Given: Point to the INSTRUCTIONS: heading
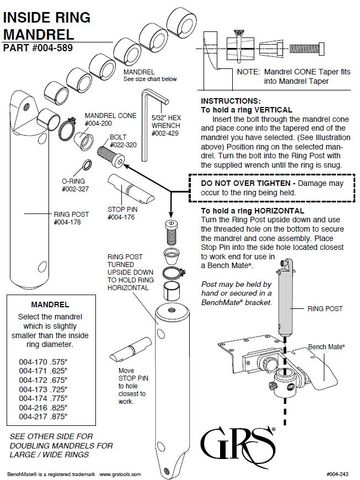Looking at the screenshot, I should click(232, 102).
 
